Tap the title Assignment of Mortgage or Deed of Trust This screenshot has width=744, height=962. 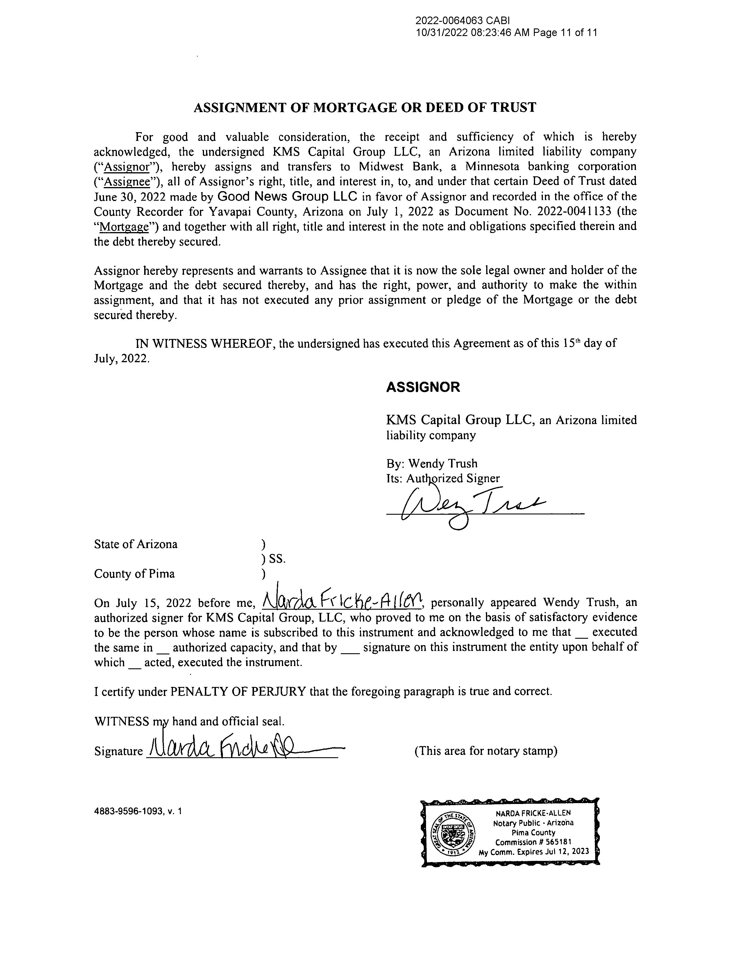(x=365, y=107)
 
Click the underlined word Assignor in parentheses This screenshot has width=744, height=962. (x=128, y=167)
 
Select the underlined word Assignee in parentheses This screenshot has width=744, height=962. (x=128, y=182)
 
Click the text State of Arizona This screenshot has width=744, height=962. (x=136, y=544)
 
